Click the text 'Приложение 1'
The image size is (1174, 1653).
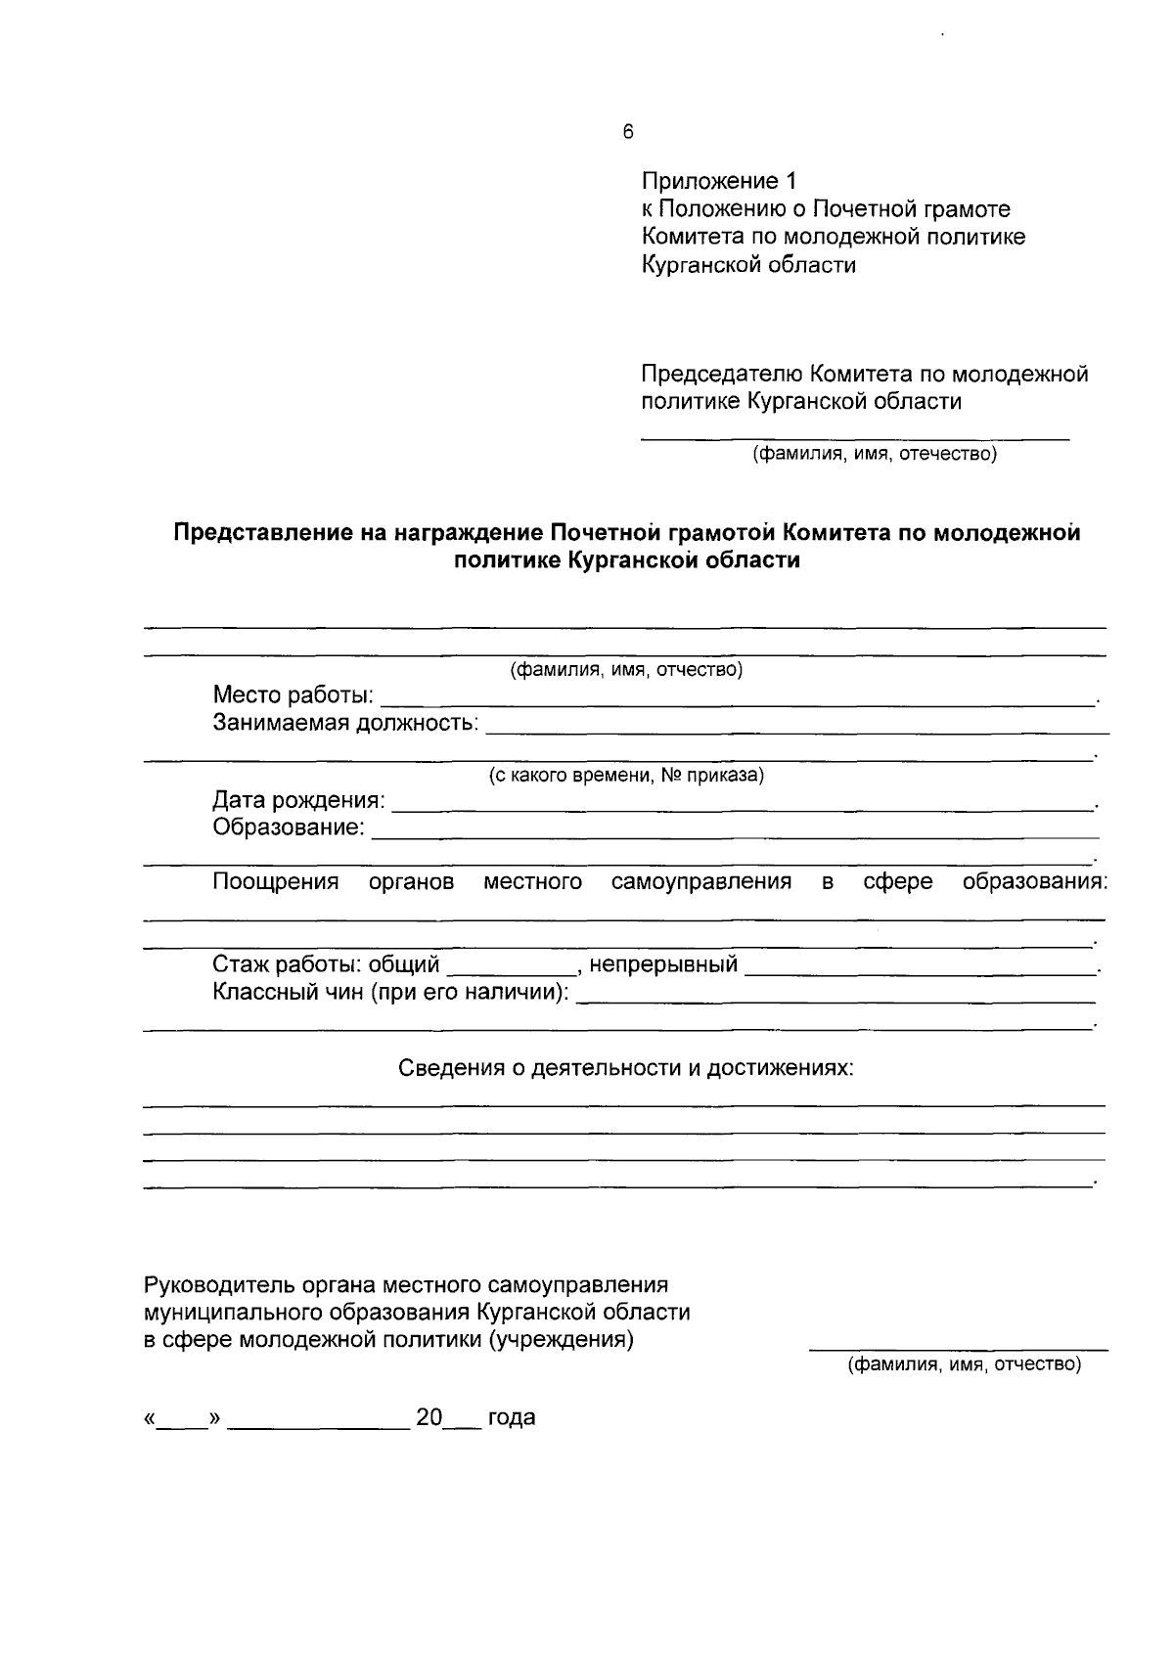pos(719,181)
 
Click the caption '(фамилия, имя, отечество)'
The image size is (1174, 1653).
pos(874,454)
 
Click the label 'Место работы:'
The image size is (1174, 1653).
pos(293,695)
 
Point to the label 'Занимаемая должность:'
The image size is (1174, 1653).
pos(345,723)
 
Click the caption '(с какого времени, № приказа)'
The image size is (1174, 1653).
pos(626,776)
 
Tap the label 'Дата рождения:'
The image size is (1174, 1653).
pos(298,800)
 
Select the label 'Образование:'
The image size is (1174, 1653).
pos(289,827)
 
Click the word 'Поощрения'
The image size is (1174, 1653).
pos(276,881)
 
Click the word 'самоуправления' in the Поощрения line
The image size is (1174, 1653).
pos(700,881)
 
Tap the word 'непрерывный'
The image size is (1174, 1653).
pos(663,964)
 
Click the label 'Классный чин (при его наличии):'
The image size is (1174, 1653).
pos(390,992)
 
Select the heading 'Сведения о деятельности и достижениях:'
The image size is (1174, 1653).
pos(626,1067)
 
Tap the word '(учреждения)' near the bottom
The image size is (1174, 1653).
pos(561,1339)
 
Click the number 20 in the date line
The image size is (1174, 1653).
pos(429,1417)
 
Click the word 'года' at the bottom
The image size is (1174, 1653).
pos(512,1417)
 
